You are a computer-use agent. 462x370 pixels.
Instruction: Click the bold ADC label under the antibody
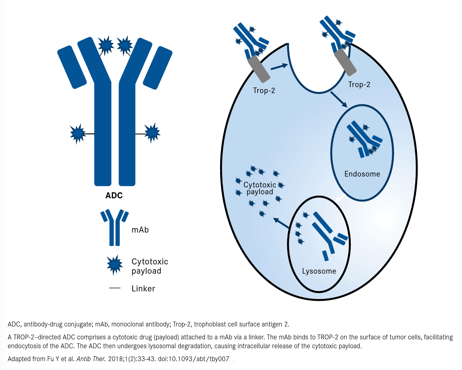coord(114,196)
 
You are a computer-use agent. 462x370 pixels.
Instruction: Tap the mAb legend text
coord(140,230)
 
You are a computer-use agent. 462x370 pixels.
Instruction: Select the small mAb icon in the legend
coord(115,227)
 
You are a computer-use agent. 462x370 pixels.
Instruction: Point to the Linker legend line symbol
coord(114,288)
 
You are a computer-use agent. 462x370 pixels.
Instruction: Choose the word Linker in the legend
coord(143,289)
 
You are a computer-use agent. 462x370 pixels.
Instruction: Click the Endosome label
coord(362,174)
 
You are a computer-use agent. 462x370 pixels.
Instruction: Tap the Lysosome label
coord(319,271)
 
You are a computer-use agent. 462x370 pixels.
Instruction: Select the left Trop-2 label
coord(264,91)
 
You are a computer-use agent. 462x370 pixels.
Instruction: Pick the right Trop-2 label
coord(359,85)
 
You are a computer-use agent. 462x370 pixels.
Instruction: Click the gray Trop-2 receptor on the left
coord(259,70)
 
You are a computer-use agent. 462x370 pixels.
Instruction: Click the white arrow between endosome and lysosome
coord(340,198)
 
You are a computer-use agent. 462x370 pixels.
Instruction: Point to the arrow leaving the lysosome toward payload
coord(281,223)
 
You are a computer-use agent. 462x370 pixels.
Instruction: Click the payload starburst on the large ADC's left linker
coord(77,133)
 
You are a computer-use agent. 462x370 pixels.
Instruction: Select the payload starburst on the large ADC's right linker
coord(152,133)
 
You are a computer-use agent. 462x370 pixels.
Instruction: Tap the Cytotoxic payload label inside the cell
coord(260,188)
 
